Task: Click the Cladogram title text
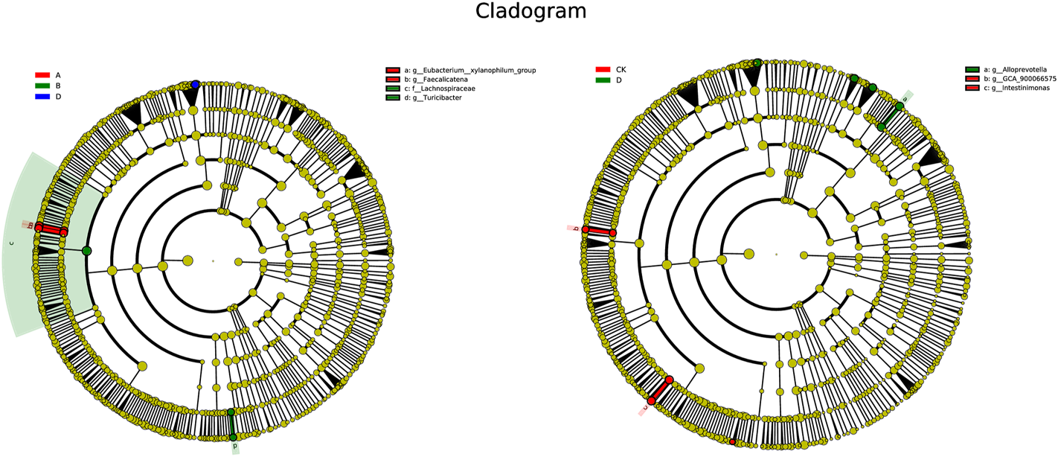click(530, 12)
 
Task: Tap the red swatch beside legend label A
click(43, 75)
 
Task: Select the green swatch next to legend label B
click(43, 86)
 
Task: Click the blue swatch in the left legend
click(43, 97)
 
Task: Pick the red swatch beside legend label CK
click(603, 69)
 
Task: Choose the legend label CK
click(621, 69)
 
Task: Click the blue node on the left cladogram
click(195, 85)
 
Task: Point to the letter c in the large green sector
click(11, 243)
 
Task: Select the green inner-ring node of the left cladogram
click(86, 251)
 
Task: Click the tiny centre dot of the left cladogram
click(213, 261)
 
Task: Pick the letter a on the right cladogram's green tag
click(905, 98)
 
